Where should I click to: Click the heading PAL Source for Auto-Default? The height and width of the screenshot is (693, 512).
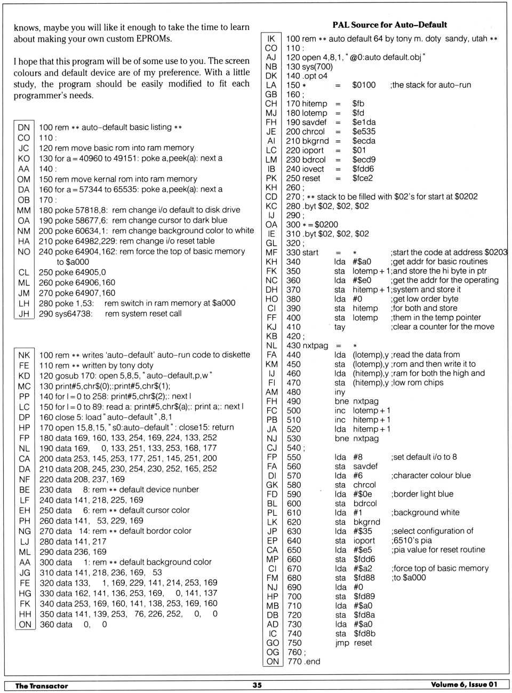click(x=389, y=25)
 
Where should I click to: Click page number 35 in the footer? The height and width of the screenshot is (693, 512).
click(x=257, y=685)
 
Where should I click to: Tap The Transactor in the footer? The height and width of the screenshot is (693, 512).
click(x=42, y=686)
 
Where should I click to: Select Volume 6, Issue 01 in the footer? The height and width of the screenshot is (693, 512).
click(x=464, y=685)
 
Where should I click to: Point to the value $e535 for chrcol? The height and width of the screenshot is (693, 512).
click(x=364, y=131)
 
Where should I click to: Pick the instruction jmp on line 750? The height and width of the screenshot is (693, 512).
click(x=342, y=643)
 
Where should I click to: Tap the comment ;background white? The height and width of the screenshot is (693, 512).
click(x=425, y=513)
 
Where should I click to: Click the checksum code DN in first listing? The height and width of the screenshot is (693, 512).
click(x=24, y=127)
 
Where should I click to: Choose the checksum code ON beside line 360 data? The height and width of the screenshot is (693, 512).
click(x=25, y=624)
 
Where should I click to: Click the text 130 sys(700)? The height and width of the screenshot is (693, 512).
click(x=309, y=67)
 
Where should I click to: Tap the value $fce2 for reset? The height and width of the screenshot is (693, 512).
click(x=363, y=178)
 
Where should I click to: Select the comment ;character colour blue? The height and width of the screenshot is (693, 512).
click(x=431, y=475)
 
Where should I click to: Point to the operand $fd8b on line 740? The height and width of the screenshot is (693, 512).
click(x=364, y=634)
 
